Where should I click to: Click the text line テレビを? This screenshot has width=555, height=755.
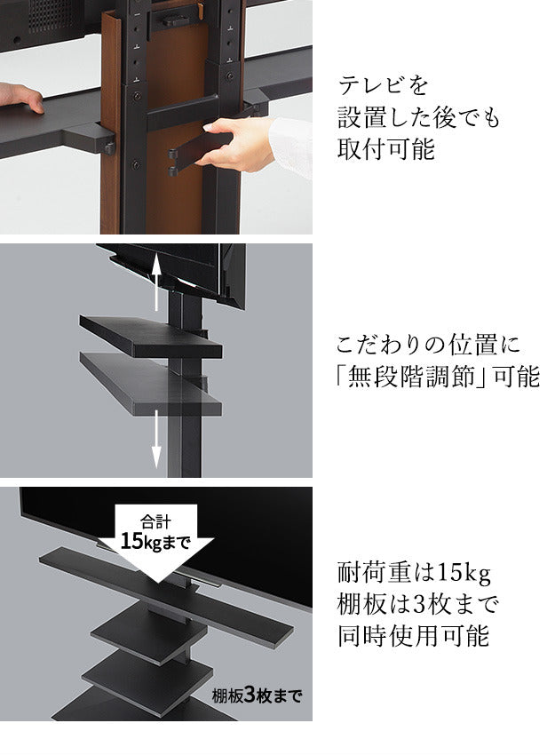383,86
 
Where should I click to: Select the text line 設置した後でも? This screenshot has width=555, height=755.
418,117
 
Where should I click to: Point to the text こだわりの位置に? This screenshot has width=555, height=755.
428,344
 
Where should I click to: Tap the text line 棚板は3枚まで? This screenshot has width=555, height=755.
418,604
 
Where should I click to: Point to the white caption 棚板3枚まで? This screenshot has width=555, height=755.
257,695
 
